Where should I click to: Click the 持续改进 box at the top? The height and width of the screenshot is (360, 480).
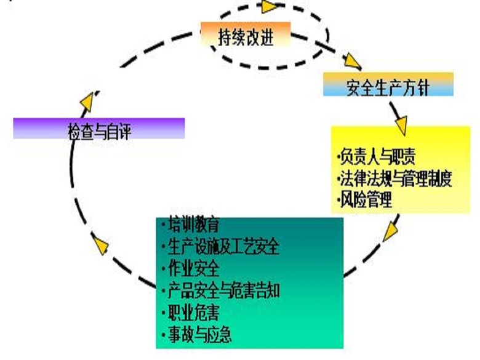click(246, 37)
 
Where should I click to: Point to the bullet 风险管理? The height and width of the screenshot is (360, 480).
click(366, 199)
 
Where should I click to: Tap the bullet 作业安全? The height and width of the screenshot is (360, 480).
click(192, 269)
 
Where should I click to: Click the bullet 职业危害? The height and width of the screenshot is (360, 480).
click(192, 312)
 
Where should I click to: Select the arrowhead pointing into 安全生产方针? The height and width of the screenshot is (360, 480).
click(353, 61)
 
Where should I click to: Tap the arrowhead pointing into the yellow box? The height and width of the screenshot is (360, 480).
click(400, 126)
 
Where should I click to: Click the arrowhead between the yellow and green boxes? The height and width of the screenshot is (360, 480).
click(390, 231)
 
